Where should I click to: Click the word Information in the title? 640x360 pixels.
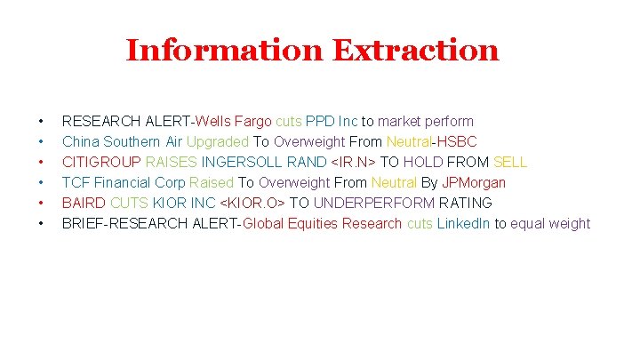(226, 50)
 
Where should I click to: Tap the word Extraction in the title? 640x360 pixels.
(416, 50)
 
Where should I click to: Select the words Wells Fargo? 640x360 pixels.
(234, 121)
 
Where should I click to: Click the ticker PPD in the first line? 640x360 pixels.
(320, 121)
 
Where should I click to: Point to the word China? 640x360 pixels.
(81, 141)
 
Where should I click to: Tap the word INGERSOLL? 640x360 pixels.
(242, 162)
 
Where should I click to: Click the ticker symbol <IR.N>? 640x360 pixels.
(354, 162)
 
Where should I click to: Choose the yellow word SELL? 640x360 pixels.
(509, 162)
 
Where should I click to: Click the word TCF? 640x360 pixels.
(76, 182)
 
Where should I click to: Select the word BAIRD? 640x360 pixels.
(84, 203)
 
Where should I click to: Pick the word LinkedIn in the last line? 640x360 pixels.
(464, 223)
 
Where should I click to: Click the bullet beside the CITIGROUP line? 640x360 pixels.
(41, 162)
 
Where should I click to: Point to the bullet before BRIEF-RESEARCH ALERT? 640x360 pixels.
(41, 223)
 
